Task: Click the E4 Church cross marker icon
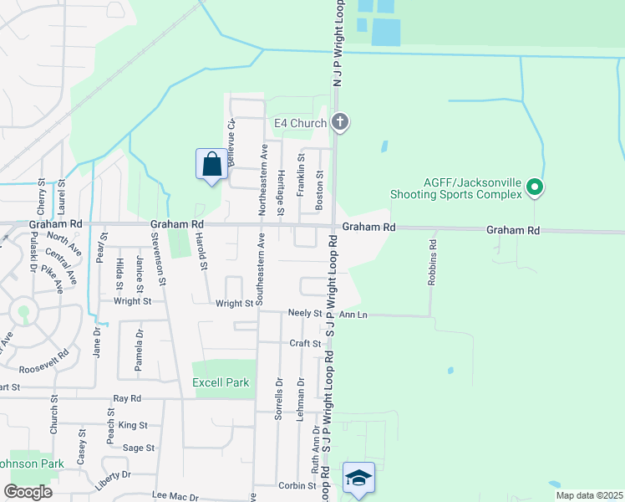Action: click(x=339, y=123)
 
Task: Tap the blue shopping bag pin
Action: click(x=211, y=163)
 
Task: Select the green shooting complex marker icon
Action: click(x=536, y=189)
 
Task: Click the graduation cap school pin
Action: click(x=358, y=479)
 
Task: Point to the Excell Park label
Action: click(x=221, y=382)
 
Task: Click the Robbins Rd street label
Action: click(x=432, y=264)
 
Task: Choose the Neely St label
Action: click(x=305, y=313)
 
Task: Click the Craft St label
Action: click(x=305, y=343)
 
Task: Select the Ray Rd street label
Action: click(x=127, y=398)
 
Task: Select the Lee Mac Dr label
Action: click(x=176, y=497)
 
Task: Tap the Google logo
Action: click(x=28, y=492)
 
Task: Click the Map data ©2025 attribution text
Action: click(x=589, y=495)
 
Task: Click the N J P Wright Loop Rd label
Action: click(x=338, y=42)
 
